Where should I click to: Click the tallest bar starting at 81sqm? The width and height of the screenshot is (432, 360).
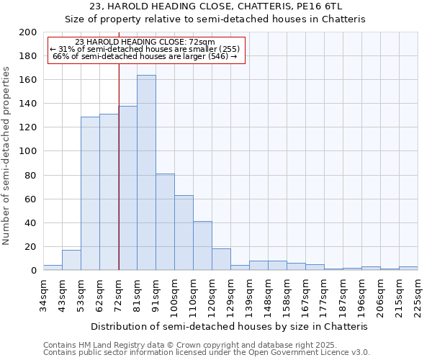pyautogui.click(x=146, y=173)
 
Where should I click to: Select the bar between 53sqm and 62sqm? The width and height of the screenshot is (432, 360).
pyautogui.click(x=90, y=193)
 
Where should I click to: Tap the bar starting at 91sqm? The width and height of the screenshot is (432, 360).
pyautogui.click(x=165, y=222)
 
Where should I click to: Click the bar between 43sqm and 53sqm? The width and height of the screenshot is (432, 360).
pyautogui.click(x=71, y=260)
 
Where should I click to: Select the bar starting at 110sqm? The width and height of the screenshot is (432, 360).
pyautogui.click(x=202, y=246)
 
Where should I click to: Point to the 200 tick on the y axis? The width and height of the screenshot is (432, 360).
pyautogui.click(x=29, y=32)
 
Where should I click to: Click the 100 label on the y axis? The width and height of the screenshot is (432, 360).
pyautogui.click(x=29, y=151)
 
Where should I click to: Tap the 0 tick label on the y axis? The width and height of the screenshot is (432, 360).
pyautogui.click(x=34, y=271)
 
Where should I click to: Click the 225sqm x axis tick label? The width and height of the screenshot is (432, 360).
pyautogui.click(x=418, y=296)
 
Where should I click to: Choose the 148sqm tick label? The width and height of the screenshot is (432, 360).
pyautogui.click(x=268, y=296)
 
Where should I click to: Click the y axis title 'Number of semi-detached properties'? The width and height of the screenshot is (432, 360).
pyautogui.click(x=7, y=156)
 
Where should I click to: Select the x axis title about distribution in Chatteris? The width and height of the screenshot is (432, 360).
pyautogui.click(x=230, y=326)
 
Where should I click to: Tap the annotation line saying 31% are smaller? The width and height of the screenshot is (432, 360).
pyautogui.click(x=146, y=49)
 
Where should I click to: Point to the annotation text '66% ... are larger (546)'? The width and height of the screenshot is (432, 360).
pyautogui.click(x=146, y=56)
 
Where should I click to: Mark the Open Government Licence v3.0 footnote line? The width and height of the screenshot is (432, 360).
pyautogui.click(x=207, y=352)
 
